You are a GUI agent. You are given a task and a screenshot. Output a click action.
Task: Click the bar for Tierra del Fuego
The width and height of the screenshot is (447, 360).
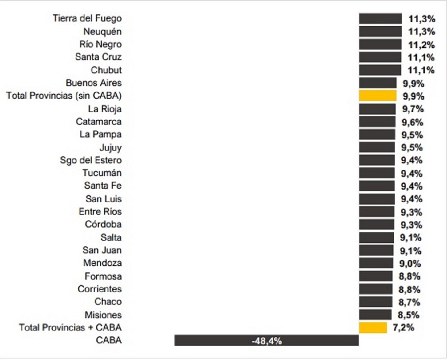[380, 18]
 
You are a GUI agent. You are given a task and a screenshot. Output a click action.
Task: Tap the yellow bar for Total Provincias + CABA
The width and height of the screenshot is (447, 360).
[373, 327]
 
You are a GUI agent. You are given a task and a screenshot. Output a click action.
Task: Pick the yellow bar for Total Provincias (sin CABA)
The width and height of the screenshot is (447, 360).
[378, 96]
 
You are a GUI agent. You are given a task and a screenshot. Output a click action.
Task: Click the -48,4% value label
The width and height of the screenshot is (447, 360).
[266, 341]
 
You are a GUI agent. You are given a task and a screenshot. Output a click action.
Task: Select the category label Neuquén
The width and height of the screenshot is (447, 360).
[102, 31]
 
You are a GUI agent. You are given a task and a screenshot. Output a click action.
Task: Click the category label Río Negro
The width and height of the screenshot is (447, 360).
[102, 44]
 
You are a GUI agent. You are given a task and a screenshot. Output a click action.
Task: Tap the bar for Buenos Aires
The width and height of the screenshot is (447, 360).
[378, 83]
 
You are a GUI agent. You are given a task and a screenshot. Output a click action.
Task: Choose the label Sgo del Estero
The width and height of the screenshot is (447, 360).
[91, 160]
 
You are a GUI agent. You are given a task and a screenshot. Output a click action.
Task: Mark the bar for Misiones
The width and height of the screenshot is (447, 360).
[375, 314]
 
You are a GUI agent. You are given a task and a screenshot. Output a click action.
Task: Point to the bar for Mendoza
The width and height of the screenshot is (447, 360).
[376, 263]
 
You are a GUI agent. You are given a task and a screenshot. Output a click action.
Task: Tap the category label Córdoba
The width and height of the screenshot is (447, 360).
[103, 224]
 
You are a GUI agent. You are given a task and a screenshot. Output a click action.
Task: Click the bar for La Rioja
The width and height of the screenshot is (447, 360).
[377, 109]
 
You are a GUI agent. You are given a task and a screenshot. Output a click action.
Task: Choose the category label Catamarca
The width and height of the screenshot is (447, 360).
[98, 121]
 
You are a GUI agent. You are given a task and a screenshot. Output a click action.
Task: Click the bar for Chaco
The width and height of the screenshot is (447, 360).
[375, 302]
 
